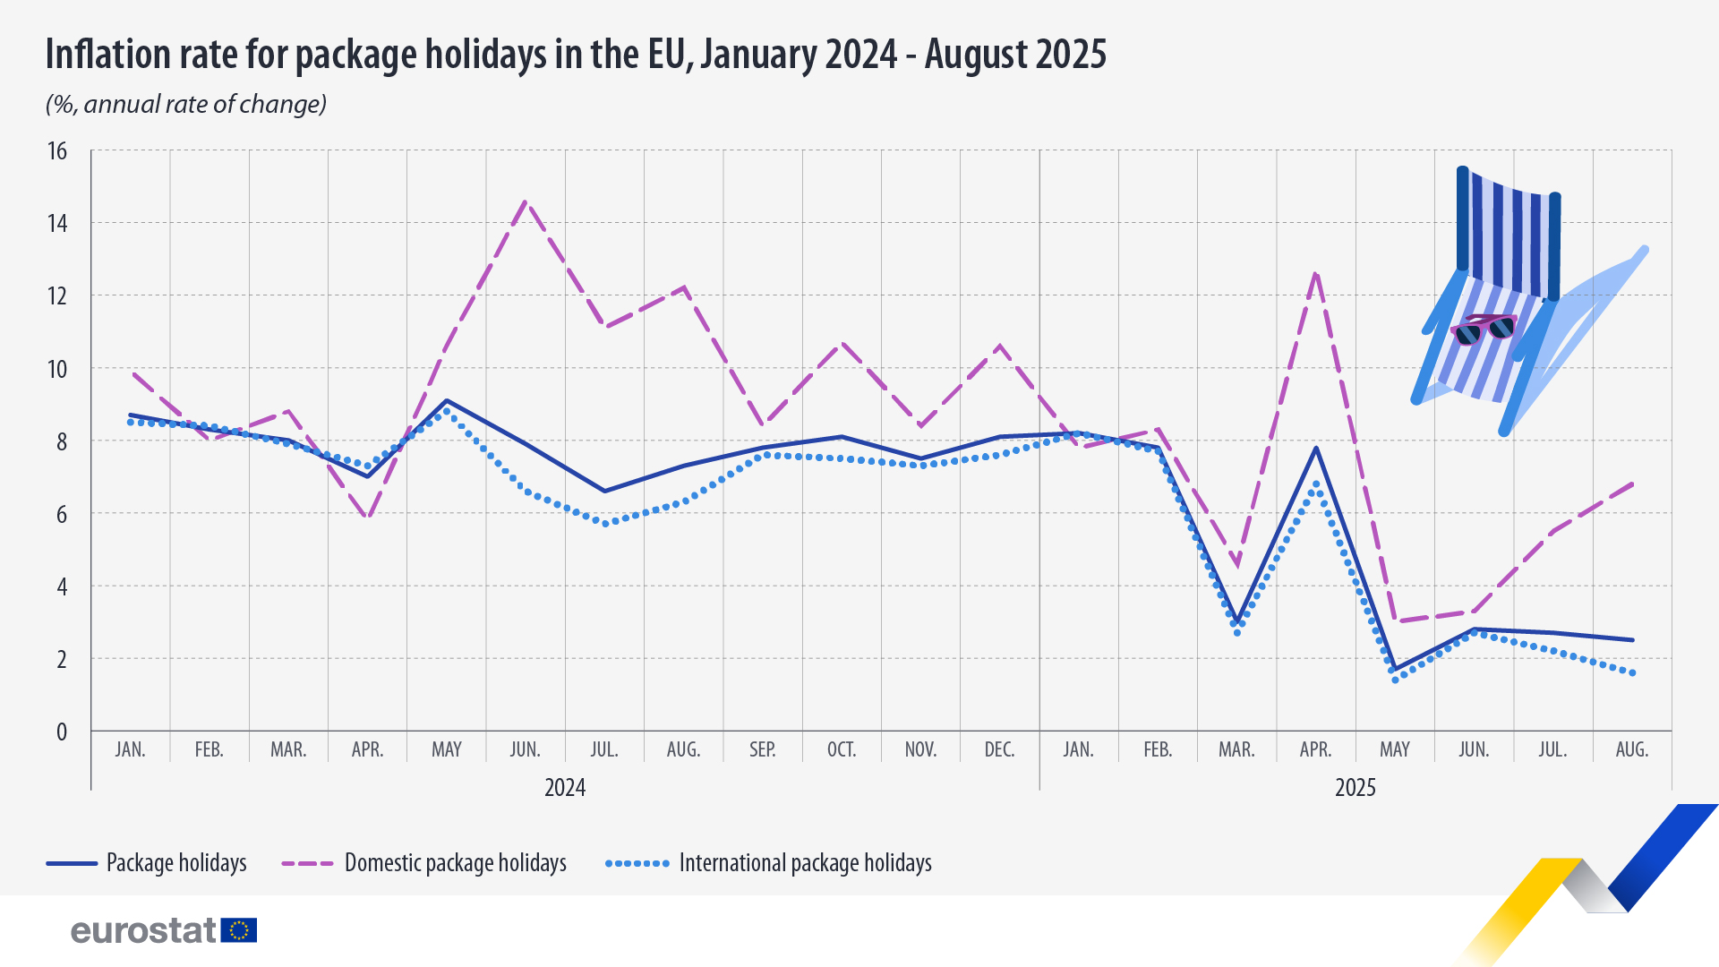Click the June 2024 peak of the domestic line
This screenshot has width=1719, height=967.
(526, 201)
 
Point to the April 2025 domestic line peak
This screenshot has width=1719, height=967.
(1315, 273)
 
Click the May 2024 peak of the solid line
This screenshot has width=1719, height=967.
(447, 400)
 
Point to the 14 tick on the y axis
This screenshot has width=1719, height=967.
(57, 223)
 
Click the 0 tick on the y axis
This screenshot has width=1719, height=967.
(61, 732)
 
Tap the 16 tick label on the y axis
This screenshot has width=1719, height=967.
(57, 150)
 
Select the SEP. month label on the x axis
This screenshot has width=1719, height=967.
(763, 749)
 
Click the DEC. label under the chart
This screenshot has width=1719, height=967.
(999, 749)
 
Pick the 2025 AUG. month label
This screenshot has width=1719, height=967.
(1631, 749)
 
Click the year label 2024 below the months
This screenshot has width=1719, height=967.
(565, 788)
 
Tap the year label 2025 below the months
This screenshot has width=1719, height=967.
(1355, 788)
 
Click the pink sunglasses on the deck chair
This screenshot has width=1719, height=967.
(1484, 329)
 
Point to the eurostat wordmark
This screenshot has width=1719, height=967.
(143, 930)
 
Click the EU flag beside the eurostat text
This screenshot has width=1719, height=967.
(239, 930)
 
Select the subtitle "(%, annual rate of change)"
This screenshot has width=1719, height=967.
(186, 105)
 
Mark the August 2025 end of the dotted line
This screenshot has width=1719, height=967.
(1632, 673)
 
